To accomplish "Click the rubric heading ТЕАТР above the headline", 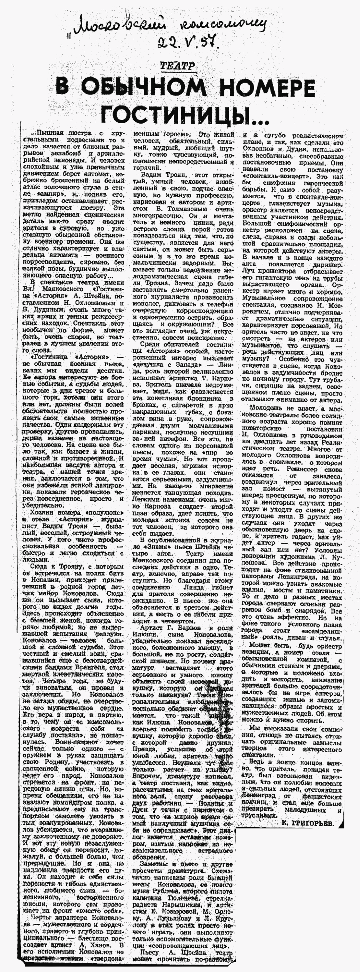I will click(x=177, y=66).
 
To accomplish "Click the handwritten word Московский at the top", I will click(x=113, y=25).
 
